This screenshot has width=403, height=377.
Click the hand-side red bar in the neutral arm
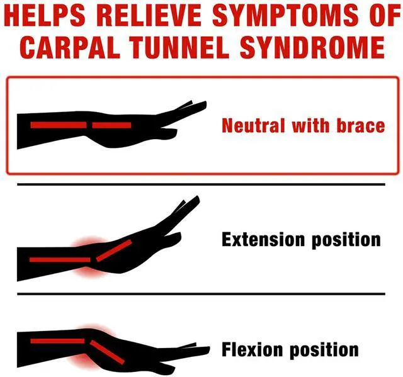point(111,125)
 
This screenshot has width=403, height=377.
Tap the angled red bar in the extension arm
point(113,250)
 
